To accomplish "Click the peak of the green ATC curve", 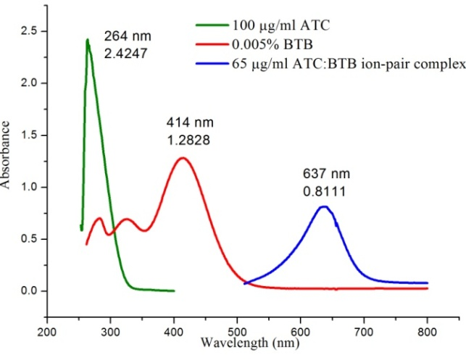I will click(x=88, y=40).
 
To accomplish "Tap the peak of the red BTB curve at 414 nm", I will click(x=183, y=158).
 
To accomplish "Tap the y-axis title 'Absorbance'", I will click(x=7, y=161).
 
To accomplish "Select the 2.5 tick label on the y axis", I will click(x=29, y=31).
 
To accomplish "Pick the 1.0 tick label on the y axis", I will click(x=29, y=187).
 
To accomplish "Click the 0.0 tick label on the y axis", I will click(x=29, y=291).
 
